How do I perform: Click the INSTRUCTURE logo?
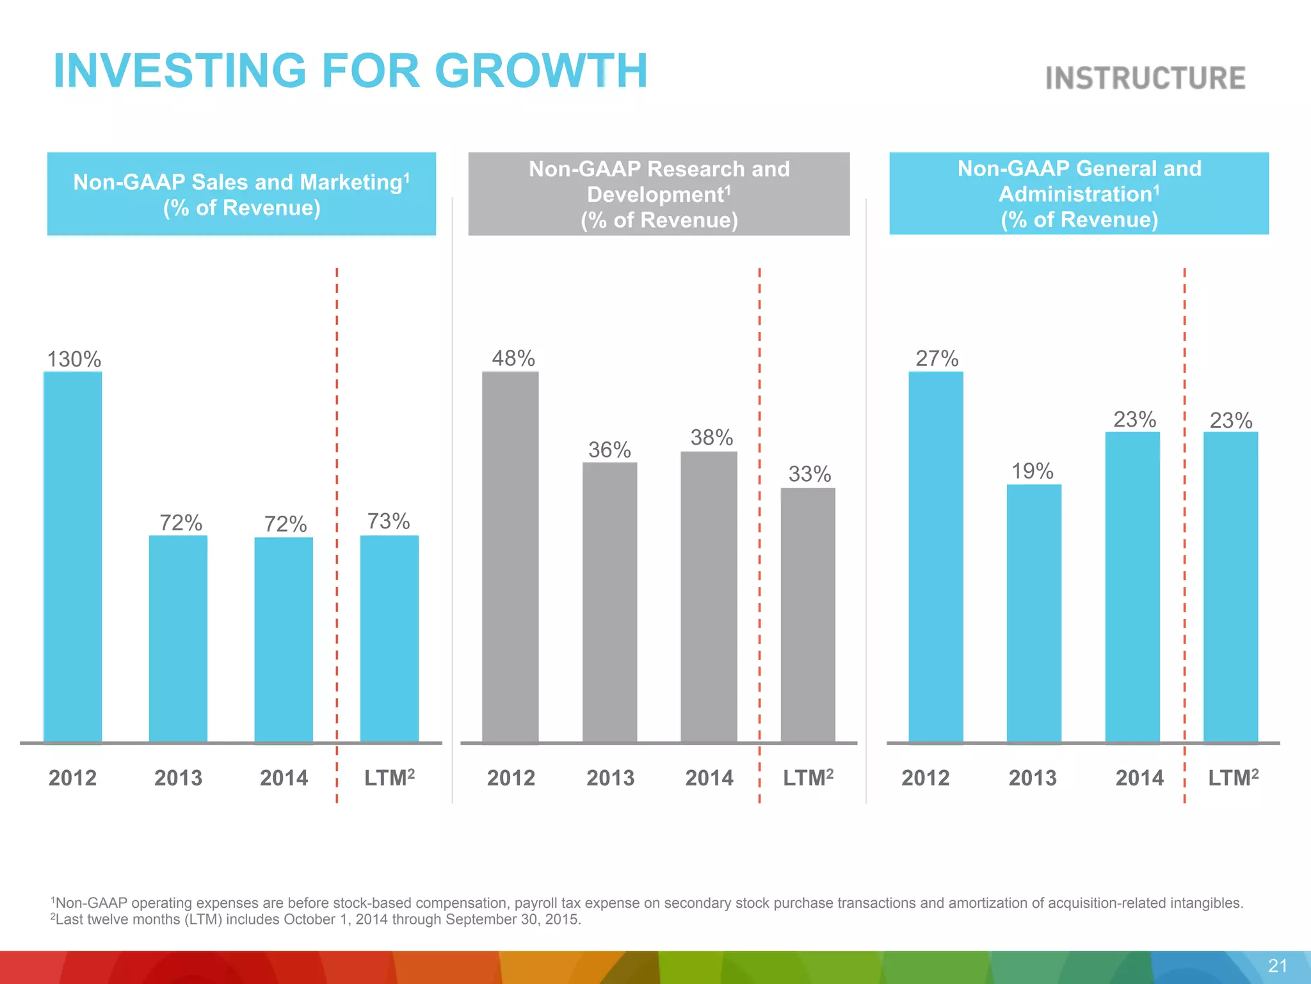(x=1145, y=78)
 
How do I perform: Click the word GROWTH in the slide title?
(x=541, y=70)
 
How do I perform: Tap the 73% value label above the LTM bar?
(x=389, y=521)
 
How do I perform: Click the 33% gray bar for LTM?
(x=808, y=615)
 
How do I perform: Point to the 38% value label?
(x=711, y=438)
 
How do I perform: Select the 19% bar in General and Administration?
(x=1034, y=613)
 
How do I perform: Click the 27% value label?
(x=937, y=358)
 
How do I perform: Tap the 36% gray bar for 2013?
(x=609, y=602)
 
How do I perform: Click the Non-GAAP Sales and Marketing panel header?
(x=241, y=194)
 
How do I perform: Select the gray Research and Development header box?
(x=659, y=194)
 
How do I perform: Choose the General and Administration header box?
(x=1079, y=193)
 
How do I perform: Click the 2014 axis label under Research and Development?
(x=709, y=778)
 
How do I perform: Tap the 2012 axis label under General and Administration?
(x=925, y=778)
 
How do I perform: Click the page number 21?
(x=1277, y=966)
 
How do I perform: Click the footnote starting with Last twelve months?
(x=316, y=919)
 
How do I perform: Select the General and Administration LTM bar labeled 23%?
(x=1230, y=587)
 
